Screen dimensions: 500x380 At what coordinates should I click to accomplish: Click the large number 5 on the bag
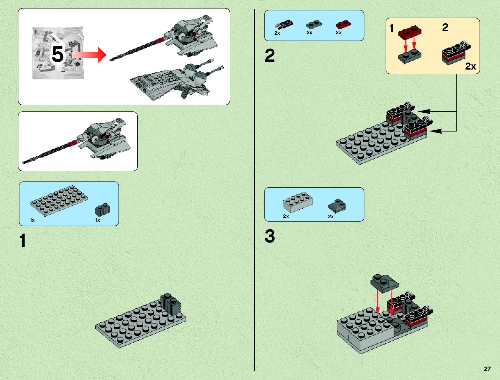coord(58,54)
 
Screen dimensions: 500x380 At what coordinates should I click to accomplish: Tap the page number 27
coord(487,369)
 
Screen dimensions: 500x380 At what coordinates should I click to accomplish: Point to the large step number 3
coord(270,236)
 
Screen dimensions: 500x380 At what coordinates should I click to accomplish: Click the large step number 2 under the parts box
coord(270,56)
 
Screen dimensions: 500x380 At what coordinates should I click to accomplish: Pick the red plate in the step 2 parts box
coord(343,24)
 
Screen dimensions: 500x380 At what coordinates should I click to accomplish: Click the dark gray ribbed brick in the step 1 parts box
coord(103,209)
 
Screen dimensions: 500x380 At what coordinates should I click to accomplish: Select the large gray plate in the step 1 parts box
coord(59,200)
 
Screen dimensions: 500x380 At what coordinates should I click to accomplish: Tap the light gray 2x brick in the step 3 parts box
coord(297,202)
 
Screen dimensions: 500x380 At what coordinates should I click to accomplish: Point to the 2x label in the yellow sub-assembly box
coord(470,66)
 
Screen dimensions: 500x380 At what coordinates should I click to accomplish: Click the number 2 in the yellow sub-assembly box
coord(445,28)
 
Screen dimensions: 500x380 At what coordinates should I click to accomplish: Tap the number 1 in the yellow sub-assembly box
coord(392,29)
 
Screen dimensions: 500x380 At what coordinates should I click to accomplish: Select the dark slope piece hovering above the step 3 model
coord(384,282)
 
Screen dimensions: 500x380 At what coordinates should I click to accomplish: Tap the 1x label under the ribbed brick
coord(97,220)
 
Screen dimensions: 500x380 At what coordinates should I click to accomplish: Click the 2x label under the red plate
coord(339,33)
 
